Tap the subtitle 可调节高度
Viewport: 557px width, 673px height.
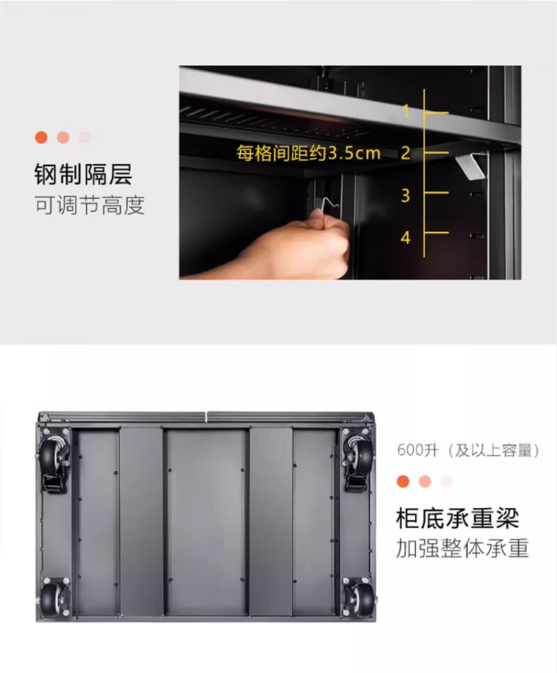point(90,205)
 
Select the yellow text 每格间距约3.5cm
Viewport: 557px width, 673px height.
point(308,153)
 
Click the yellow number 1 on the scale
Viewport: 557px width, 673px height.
point(406,111)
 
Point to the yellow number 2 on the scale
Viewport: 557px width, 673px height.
point(405,152)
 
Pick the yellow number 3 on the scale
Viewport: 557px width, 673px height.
point(405,195)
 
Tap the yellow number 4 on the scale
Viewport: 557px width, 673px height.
point(405,238)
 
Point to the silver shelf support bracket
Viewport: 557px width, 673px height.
point(471,166)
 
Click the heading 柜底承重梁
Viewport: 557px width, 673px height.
point(457,518)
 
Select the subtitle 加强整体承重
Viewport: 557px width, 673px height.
point(462,548)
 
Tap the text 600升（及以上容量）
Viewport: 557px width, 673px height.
point(468,451)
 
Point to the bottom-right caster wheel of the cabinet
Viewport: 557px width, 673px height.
point(359,597)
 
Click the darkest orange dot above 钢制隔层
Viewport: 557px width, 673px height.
point(41,137)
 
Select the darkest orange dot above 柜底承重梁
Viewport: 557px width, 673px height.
point(403,481)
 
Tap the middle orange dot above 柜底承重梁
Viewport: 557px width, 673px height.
point(425,481)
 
